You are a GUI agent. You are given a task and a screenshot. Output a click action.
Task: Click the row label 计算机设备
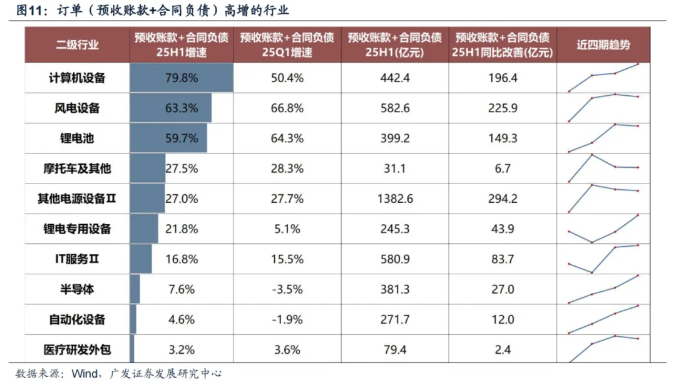77,78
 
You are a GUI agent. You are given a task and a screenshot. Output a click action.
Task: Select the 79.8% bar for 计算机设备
181,78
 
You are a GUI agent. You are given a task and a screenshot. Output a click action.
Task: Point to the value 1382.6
395,199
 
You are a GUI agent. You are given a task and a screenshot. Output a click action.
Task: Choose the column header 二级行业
77,45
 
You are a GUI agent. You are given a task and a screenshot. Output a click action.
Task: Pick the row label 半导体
77,289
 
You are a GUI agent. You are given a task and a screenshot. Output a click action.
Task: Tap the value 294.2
503,199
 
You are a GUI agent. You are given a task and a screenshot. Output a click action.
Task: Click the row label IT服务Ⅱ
77,259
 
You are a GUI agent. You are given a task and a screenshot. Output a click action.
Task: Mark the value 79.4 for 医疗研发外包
395,349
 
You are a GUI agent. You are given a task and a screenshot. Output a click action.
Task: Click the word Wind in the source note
84,374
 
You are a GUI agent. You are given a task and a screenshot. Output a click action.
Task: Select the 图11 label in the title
29,11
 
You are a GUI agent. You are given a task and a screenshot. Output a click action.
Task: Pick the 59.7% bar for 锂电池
168,138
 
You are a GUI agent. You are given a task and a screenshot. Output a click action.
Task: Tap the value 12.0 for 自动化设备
503,319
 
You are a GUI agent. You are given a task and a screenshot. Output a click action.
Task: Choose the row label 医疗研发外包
77,349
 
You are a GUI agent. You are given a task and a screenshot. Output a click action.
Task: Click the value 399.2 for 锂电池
395,138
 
